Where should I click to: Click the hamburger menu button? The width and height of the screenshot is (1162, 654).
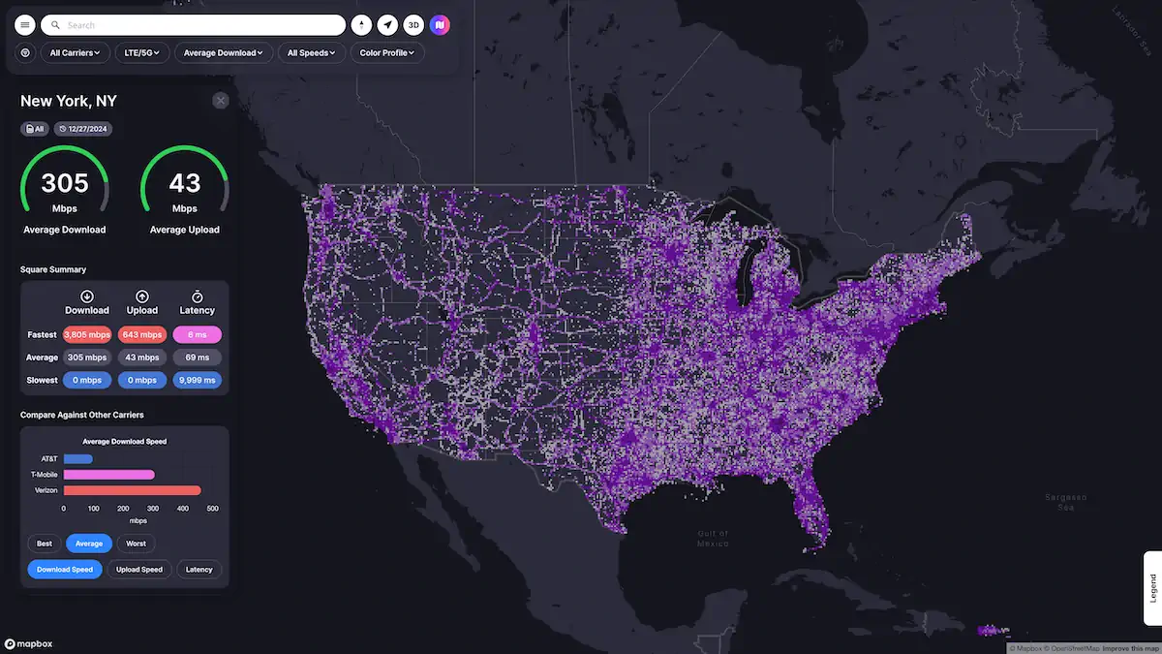(25, 25)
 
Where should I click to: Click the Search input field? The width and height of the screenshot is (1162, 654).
(194, 25)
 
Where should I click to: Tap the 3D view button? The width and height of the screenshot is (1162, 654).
(413, 25)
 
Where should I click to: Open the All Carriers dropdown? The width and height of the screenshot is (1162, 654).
(76, 53)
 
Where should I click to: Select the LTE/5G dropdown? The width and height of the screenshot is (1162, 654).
(142, 53)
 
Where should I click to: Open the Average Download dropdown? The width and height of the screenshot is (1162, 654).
(224, 53)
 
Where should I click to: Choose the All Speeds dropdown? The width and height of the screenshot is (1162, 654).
(311, 53)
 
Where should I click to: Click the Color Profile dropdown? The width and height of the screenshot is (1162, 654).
(387, 53)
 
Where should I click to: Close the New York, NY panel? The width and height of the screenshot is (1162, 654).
(221, 101)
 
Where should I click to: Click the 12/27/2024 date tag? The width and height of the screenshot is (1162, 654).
(82, 129)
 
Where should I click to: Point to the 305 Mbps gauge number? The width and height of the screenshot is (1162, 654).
(65, 183)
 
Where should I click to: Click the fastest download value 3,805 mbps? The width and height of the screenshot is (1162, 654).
(87, 335)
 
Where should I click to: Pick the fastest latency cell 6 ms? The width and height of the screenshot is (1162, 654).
(198, 335)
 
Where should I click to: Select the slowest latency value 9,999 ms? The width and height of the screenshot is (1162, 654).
(198, 380)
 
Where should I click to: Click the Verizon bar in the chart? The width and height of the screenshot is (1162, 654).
(132, 490)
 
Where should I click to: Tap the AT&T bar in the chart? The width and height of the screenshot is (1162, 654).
(78, 459)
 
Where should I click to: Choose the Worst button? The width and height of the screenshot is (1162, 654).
(137, 544)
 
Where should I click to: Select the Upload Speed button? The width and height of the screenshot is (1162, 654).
(139, 570)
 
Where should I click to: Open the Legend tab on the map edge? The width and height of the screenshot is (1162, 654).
(1152, 588)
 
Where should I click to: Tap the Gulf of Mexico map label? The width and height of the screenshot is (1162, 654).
(713, 539)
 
